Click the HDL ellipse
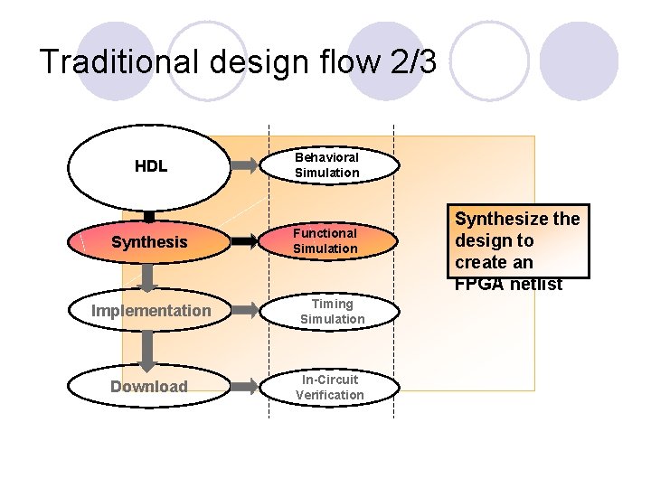(149, 167)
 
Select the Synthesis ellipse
(149, 242)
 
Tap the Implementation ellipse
(150, 311)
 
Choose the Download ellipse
(149, 387)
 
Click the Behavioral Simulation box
(326, 165)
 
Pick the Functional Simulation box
(326, 241)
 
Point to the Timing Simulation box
(332, 312)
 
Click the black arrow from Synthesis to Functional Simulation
(243, 242)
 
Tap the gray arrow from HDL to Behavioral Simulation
(243, 166)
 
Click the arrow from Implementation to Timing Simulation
(243, 312)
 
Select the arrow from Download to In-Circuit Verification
(243, 387)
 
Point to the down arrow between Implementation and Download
(149, 347)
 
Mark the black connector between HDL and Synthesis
(149, 216)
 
